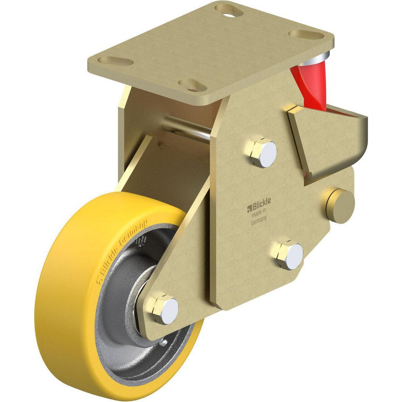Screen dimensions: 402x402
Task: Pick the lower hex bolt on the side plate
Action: (289, 255)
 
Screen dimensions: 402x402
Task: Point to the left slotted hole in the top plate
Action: (116, 62)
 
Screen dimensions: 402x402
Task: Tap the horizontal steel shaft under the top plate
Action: (187, 129)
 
